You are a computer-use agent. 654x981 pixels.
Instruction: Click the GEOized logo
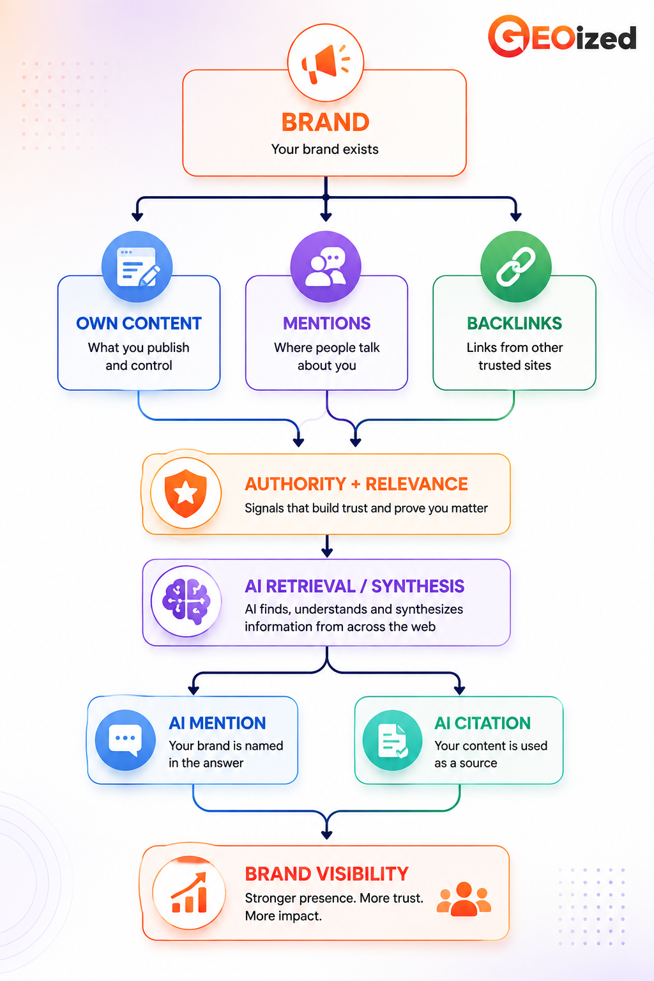pyautogui.click(x=562, y=36)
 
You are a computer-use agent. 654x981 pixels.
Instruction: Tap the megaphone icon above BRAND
pyautogui.click(x=326, y=63)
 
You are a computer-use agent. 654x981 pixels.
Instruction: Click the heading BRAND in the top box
pyautogui.click(x=326, y=122)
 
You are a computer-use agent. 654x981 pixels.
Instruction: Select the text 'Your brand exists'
pyautogui.click(x=324, y=149)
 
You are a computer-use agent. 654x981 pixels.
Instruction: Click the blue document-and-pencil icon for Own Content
pyautogui.click(x=137, y=267)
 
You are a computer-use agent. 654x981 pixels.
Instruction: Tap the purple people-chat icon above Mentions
pyautogui.click(x=326, y=267)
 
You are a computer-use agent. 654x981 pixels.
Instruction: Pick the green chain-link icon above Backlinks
pyautogui.click(x=515, y=267)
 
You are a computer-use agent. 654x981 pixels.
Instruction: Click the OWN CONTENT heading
pyautogui.click(x=139, y=323)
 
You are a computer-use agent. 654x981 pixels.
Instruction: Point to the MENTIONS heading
pyautogui.click(x=327, y=323)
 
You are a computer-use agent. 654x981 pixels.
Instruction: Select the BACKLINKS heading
pyautogui.click(x=514, y=323)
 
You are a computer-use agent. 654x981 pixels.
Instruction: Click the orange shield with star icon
pyautogui.click(x=186, y=493)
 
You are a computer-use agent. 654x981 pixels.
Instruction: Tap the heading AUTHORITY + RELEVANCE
pyautogui.click(x=356, y=484)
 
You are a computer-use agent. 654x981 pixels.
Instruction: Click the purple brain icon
pyautogui.click(x=186, y=601)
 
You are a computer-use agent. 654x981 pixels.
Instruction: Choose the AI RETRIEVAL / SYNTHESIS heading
pyautogui.click(x=354, y=586)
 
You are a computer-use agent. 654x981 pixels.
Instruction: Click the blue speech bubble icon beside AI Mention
pyautogui.click(x=125, y=740)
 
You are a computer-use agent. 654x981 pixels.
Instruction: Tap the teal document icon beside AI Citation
pyautogui.click(x=393, y=740)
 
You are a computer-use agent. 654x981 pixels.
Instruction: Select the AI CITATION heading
pyautogui.click(x=482, y=723)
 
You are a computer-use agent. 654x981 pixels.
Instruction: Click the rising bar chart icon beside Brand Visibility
pyautogui.click(x=189, y=892)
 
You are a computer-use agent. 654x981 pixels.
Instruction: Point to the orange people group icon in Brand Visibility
pyautogui.click(x=464, y=899)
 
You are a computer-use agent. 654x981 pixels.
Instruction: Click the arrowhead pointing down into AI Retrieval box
pyautogui.click(x=327, y=552)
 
